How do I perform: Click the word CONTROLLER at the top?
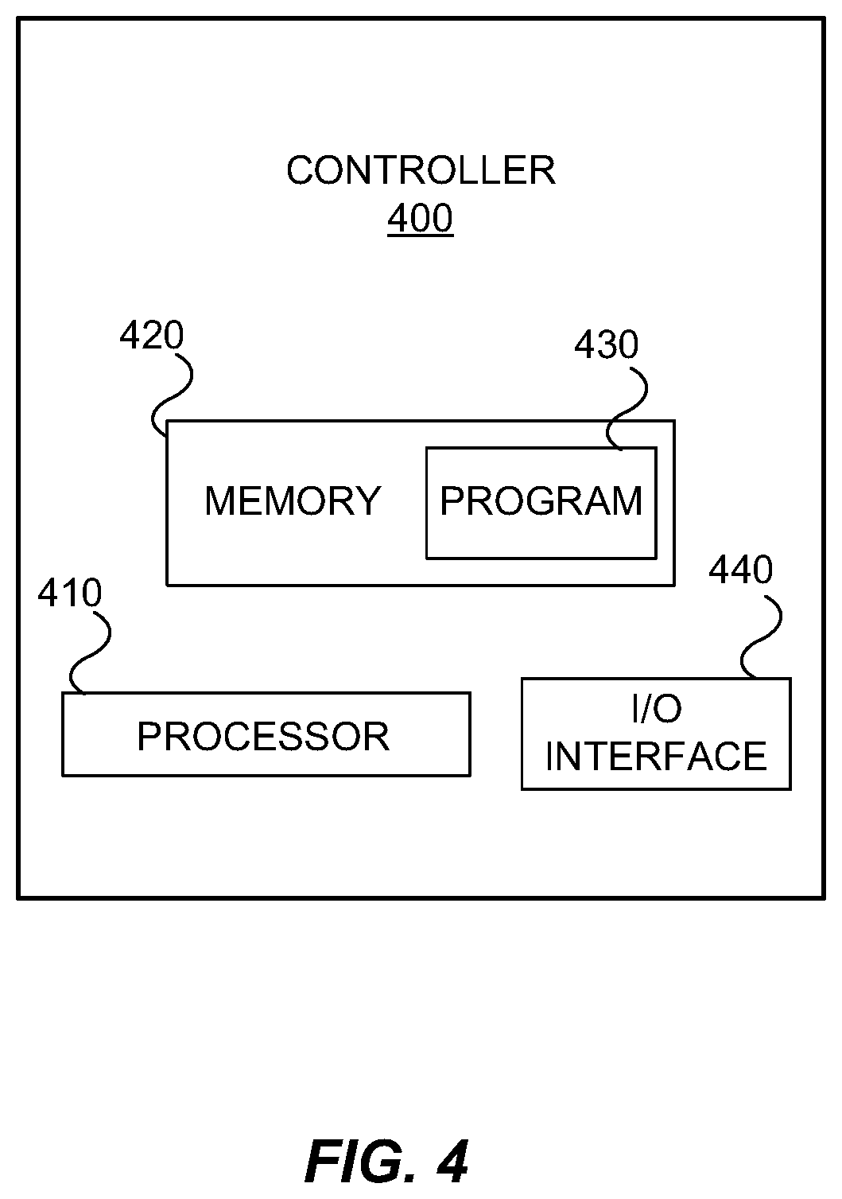tap(421, 171)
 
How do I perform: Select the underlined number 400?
tap(421, 218)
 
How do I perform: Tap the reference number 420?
tap(151, 336)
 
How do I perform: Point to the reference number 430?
tap(606, 345)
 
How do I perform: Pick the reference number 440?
tap(741, 569)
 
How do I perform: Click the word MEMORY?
tap(293, 501)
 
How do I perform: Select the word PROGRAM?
tap(541, 501)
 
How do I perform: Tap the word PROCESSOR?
tap(263, 737)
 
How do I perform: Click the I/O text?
tap(657, 708)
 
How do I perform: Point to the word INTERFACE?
tap(657, 756)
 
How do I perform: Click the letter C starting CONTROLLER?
tap(301, 171)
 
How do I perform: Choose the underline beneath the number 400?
tap(421, 235)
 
